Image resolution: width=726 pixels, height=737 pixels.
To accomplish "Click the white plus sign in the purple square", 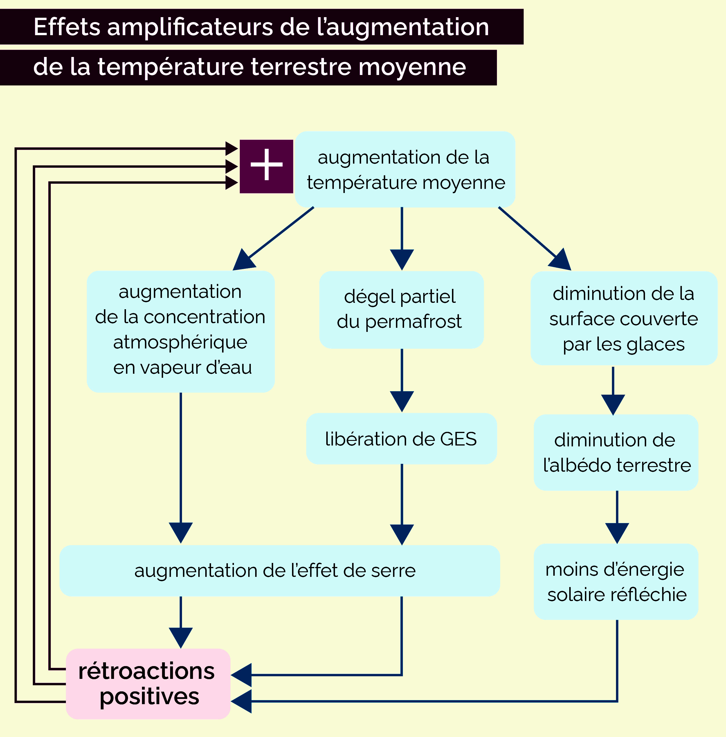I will (x=266, y=165).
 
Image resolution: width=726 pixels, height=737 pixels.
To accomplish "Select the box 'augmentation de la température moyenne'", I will (x=405, y=169).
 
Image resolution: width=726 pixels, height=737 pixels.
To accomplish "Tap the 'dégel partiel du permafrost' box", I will (x=401, y=310).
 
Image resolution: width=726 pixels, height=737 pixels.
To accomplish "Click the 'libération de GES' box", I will (x=401, y=439).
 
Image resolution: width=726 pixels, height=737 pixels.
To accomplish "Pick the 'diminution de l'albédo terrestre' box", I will (x=616, y=452).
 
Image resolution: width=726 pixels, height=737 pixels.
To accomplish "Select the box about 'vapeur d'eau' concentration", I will (x=181, y=331).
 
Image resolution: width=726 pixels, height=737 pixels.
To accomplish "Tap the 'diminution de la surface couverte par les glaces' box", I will (x=624, y=319).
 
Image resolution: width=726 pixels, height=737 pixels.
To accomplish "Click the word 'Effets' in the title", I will (x=67, y=27).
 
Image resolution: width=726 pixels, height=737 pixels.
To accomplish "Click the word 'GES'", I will (x=458, y=439).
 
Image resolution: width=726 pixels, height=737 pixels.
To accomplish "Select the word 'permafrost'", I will (x=413, y=322).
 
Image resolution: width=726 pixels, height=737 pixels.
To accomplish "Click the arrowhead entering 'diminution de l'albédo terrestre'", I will (x=613, y=404).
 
